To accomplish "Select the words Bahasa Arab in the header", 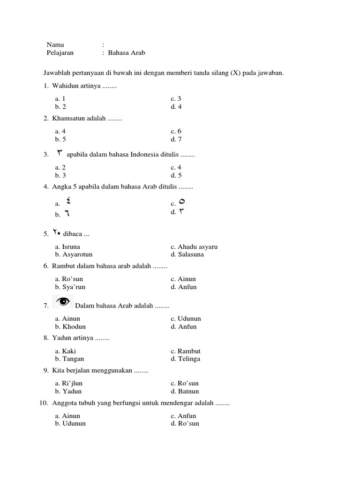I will pos(127,52).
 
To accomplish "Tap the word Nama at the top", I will pos(55,45).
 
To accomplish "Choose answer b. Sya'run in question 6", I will pos(70,287).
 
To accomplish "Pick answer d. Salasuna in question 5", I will pos(187,255).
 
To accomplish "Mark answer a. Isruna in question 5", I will pos(67,247).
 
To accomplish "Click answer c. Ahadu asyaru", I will pos(194,247).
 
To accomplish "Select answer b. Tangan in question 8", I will pos(69,359).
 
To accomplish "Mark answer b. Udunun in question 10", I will pos(70,423).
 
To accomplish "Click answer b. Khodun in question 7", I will pos(70,326).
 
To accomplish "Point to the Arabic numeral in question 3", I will pos(60,153).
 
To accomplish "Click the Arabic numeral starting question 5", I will pos(57,232).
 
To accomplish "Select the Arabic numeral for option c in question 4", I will pos(182,202).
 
